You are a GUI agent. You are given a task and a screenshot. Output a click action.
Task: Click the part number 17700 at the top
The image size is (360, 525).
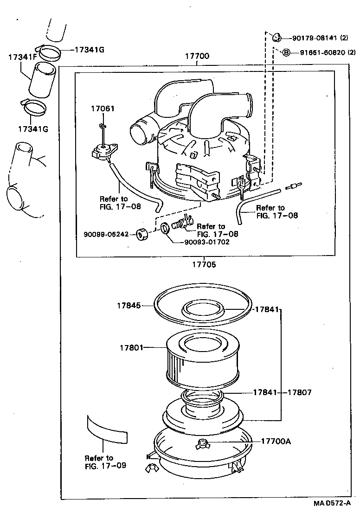(x=197, y=57)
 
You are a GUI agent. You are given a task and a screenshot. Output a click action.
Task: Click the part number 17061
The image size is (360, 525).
(x=102, y=109)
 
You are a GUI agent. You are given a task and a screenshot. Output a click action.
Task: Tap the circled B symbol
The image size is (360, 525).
(x=286, y=52)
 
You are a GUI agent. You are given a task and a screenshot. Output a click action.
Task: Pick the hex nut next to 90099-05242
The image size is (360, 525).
(x=142, y=234)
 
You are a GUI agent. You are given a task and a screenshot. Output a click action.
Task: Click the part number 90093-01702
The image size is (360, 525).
(x=206, y=242)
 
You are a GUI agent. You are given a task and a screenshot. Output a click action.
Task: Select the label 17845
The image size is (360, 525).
(x=129, y=305)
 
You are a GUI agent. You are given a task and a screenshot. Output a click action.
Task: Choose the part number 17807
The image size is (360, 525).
(x=299, y=392)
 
